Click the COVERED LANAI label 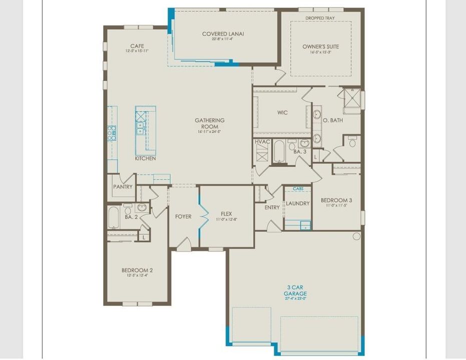click(x=223, y=34)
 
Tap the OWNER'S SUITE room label click(x=320, y=46)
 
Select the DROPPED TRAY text click(x=320, y=18)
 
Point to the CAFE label click(x=137, y=46)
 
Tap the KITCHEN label click(x=145, y=158)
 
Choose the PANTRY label click(x=123, y=187)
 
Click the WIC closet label click(x=282, y=112)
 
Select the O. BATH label click(x=332, y=120)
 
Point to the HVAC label click(x=263, y=142)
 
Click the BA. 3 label click(x=300, y=151)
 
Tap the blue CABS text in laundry click(x=298, y=188)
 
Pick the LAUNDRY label click(x=298, y=203)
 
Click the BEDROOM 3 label click(x=336, y=200)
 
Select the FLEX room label click(x=225, y=213)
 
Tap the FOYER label click(x=183, y=216)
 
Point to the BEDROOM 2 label click(x=137, y=270)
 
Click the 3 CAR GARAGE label click(x=295, y=290)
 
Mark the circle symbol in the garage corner click(x=356, y=236)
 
